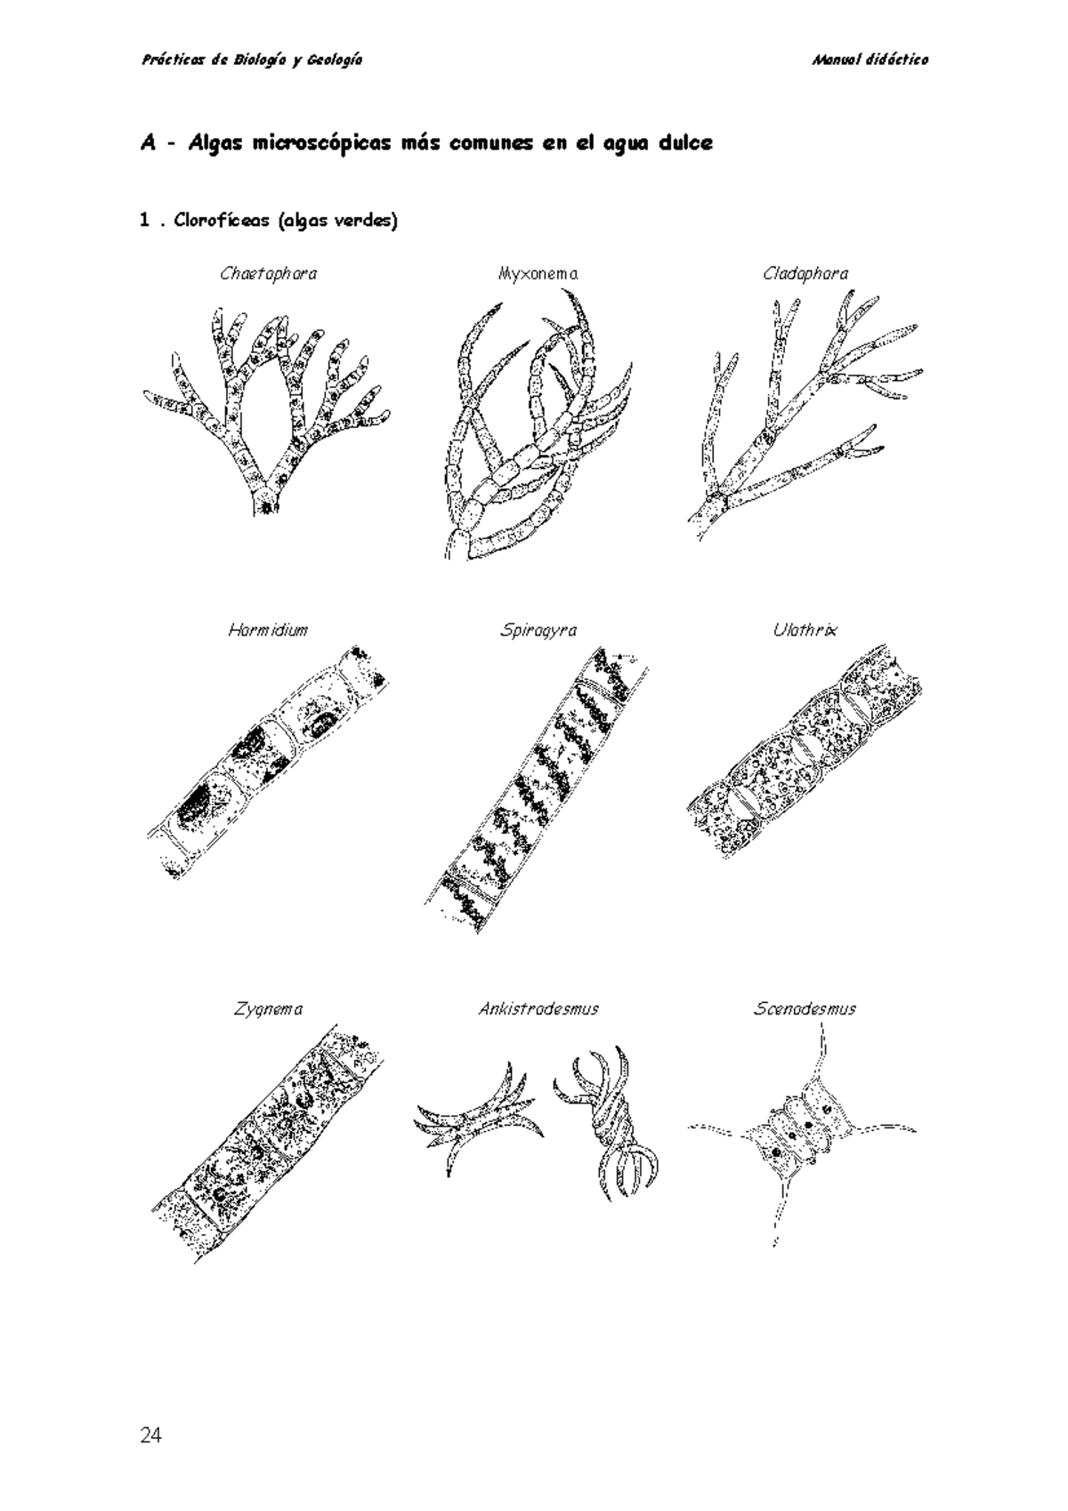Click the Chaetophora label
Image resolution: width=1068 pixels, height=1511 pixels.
click(268, 274)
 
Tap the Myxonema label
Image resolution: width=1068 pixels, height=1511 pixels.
click(538, 274)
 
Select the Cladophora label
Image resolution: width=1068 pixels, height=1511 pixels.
click(805, 274)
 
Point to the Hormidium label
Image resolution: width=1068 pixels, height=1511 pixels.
click(268, 630)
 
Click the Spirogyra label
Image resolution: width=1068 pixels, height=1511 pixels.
click(538, 630)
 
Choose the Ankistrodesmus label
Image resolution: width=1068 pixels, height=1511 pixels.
click(538, 1009)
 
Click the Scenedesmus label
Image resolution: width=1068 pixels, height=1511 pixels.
click(805, 1009)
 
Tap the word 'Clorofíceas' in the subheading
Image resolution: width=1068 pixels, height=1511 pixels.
click(221, 221)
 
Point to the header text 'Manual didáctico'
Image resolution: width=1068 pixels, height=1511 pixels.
click(870, 60)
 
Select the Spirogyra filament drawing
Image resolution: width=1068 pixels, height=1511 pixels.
click(538, 788)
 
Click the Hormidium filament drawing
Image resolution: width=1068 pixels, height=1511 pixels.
click(267, 761)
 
